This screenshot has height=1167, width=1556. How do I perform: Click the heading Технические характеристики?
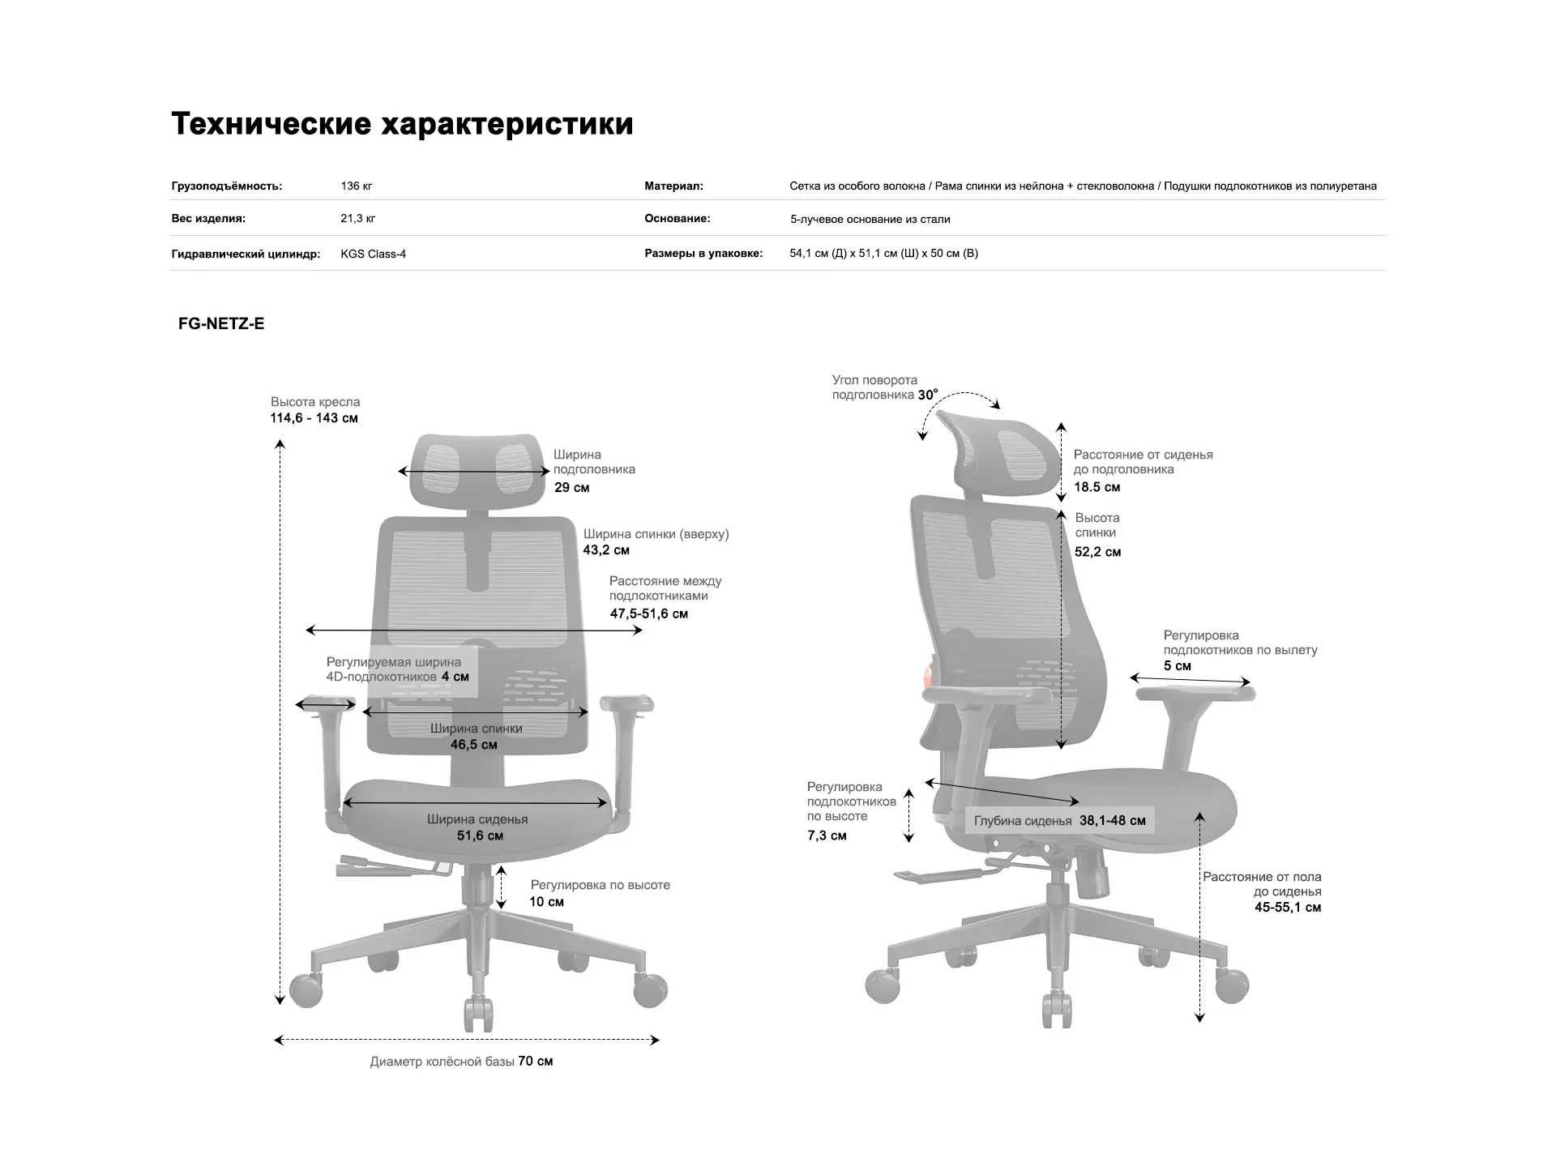[x=402, y=124]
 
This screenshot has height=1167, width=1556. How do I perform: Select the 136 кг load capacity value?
[x=356, y=186]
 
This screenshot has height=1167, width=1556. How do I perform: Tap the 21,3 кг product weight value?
[x=357, y=219]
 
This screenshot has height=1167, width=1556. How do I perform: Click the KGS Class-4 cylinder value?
[x=373, y=254]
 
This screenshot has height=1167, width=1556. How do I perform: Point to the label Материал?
[x=673, y=186]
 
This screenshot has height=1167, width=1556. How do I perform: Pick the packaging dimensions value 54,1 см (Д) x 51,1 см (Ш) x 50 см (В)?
[x=883, y=254]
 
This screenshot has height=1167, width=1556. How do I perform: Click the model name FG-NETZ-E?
[x=221, y=324]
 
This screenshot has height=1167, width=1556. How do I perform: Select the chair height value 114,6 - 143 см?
[x=314, y=418]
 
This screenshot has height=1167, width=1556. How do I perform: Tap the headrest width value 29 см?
[x=571, y=488]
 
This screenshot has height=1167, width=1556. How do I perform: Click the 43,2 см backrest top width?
[x=606, y=550]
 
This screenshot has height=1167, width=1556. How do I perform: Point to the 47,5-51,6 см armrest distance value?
[x=648, y=613]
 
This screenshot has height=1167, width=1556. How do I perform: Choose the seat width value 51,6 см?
[x=480, y=836]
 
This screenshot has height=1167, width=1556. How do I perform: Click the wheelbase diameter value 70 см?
[x=536, y=1062]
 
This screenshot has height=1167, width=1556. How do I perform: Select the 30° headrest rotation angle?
[x=928, y=395]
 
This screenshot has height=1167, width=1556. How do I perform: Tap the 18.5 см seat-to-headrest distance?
[x=1096, y=487]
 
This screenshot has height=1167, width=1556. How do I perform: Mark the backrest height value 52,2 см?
[x=1097, y=552]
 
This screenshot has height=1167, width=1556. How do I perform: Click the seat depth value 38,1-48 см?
[x=1112, y=821]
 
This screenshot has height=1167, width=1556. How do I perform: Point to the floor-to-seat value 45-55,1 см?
[x=1288, y=908]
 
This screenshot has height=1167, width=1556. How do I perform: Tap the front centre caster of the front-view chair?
[x=478, y=1012]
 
